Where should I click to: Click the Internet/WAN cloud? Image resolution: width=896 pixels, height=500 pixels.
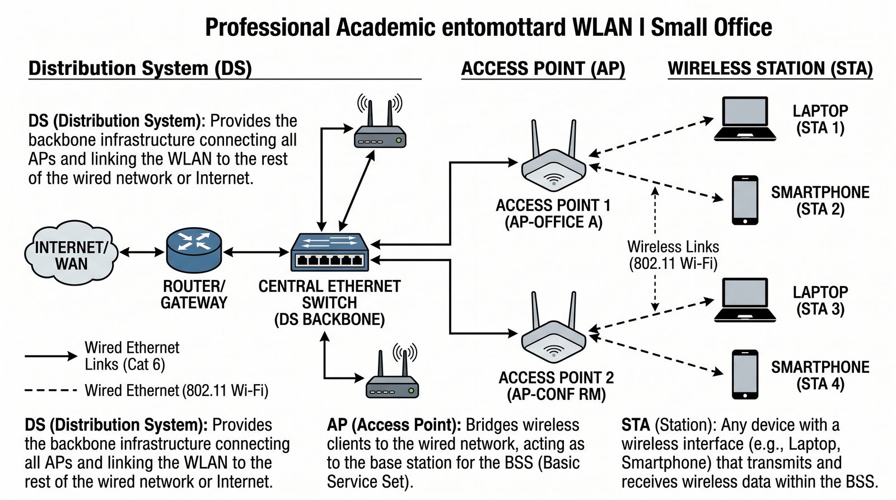(71, 255)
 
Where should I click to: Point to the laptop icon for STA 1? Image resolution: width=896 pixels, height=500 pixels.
(745, 119)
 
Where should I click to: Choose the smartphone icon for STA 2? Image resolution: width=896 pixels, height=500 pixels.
(745, 200)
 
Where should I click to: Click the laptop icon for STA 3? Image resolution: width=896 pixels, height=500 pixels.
(745, 300)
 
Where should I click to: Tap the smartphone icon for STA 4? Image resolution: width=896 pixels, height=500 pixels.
(745, 374)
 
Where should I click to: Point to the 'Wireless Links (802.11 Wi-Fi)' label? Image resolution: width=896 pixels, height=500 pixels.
(673, 255)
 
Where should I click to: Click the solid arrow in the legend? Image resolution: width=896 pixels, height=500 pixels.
(50, 356)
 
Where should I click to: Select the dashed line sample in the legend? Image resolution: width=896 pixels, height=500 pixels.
(50, 390)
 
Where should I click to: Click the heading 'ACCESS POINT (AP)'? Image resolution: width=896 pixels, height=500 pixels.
(543, 69)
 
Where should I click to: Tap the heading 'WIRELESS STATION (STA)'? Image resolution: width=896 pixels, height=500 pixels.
(770, 69)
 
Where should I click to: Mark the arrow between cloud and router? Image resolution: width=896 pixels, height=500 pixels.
(142, 253)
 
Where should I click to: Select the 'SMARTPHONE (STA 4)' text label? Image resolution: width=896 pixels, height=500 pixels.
(820, 375)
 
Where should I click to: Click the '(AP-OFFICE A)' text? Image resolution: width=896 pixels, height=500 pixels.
(553, 223)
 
